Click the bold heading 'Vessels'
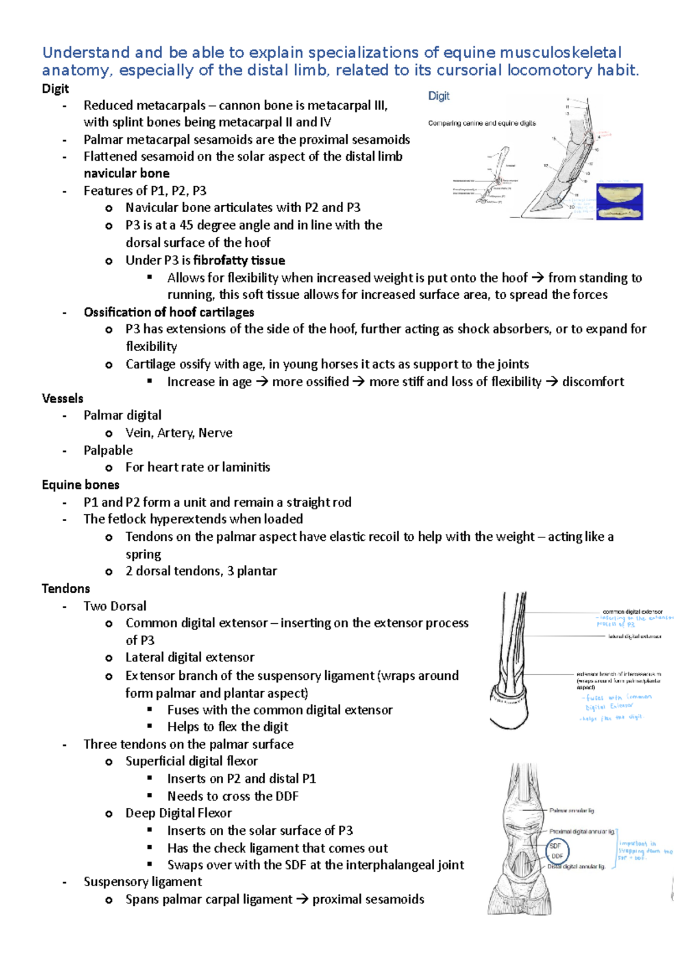click(62, 398)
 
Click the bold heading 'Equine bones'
click(80, 485)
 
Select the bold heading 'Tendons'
click(66, 589)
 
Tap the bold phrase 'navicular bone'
click(126, 174)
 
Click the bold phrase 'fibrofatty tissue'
click(239, 260)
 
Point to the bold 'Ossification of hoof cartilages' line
click(168, 312)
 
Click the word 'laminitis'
click(243, 467)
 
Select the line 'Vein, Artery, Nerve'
click(179, 433)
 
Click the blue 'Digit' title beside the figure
click(438, 96)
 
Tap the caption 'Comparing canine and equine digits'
click(482, 123)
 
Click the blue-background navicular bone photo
click(619, 201)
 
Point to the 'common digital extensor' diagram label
click(632, 612)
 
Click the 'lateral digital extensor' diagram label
click(634, 637)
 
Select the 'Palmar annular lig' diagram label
click(571, 811)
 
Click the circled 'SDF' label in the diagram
click(555, 846)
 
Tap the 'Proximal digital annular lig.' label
click(581, 832)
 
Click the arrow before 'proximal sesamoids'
click(302, 899)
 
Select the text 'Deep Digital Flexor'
click(178, 813)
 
